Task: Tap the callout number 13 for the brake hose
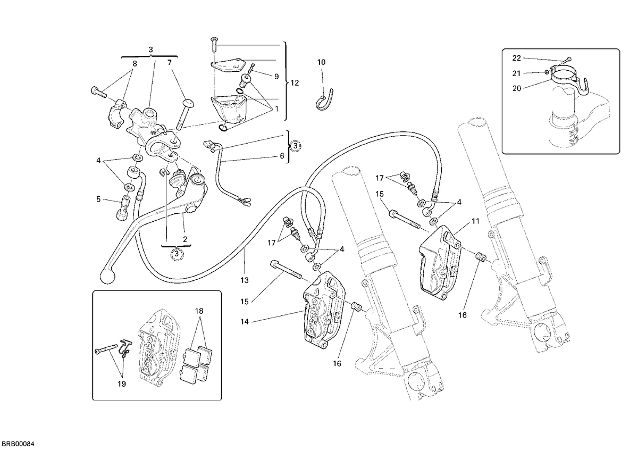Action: (x=245, y=280)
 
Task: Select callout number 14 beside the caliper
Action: (x=245, y=322)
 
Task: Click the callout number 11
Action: (x=475, y=221)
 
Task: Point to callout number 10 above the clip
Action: (x=321, y=62)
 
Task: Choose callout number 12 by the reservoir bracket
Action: (x=295, y=83)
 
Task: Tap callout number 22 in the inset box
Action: (x=516, y=58)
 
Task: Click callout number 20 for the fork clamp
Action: (x=517, y=89)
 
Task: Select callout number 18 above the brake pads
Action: (x=199, y=311)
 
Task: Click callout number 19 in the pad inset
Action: (x=122, y=384)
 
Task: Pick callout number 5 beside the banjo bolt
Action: (x=98, y=199)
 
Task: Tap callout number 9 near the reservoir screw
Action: (x=276, y=77)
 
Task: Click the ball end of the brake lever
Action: (x=108, y=276)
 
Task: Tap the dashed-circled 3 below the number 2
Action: (x=177, y=253)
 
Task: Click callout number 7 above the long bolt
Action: (x=170, y=62)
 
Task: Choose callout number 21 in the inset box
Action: (x=516, y=73)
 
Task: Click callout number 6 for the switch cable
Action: (x=282, y=156)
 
